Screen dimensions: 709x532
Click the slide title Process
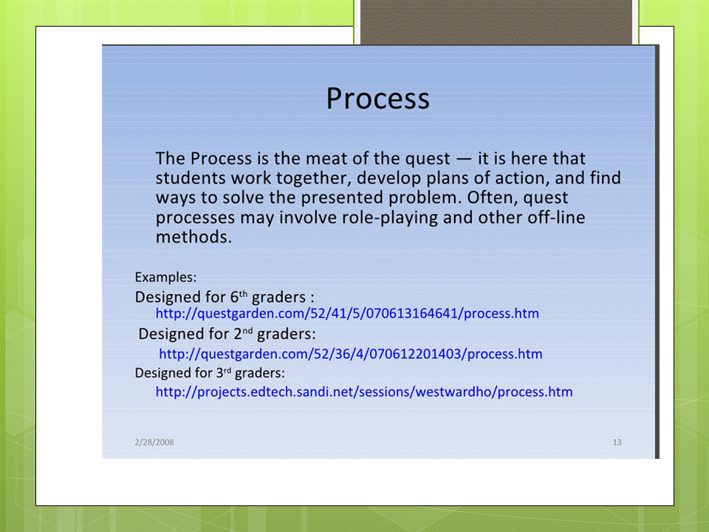tap(377, 99)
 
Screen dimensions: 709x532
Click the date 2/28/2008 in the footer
tap(154, 442)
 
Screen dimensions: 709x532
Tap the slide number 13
tap(617, 442)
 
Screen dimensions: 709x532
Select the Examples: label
tap(165, 277)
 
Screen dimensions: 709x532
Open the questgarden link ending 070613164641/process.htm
tap(347, 313)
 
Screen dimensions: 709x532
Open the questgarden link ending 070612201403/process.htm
tap(350, 353)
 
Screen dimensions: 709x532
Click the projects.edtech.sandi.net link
tap(364, 392)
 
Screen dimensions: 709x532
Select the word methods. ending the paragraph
tap(193, 237)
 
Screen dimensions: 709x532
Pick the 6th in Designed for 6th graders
tap(239, 297)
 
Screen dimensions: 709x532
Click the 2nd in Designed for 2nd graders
tap(243, 334)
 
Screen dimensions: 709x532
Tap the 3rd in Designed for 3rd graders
tap(223, 372)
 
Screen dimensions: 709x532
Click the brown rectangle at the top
tap(496, 22)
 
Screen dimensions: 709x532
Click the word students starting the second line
tap(191, 178)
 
